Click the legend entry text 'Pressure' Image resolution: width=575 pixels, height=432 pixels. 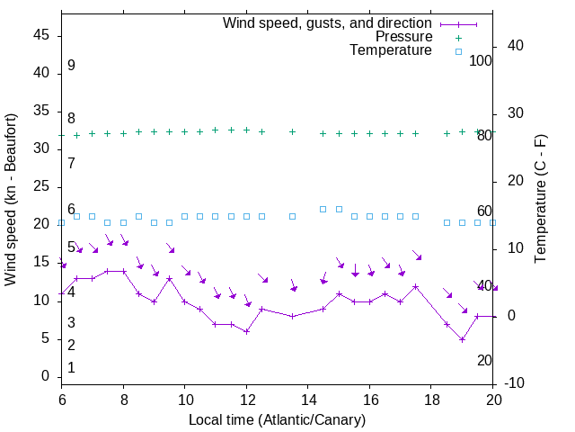click(403, 37)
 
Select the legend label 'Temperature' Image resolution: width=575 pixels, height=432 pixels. click(391, 50)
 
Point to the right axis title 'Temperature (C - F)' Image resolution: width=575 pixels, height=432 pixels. click(540, 200)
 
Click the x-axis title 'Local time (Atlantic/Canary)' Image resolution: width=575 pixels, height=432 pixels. click(278, 420)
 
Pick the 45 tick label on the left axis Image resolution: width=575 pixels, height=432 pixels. click(41, 35)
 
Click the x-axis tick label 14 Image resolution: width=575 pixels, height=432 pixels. click(308, 398)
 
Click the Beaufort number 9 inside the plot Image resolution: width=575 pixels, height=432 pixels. click(71, 66)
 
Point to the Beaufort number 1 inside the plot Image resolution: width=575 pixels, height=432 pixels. click(71, 368)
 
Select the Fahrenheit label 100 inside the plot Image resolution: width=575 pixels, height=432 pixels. click(482, 60)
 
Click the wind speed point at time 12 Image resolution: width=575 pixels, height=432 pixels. click(246, 331)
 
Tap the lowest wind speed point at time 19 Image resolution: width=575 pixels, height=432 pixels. click(462, 339)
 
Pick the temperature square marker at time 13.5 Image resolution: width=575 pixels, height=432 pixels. click(292, 216)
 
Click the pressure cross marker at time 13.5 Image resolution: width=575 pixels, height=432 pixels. click(292, 131)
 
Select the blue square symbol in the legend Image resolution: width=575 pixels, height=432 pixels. click(458, 51)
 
